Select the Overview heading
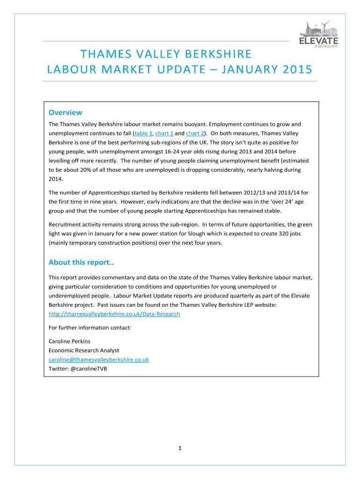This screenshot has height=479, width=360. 65,112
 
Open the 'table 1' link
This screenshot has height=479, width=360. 143,133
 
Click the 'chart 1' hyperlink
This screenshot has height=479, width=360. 164,133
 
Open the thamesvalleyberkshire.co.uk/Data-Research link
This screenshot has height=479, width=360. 114,314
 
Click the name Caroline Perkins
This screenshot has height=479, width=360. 70,341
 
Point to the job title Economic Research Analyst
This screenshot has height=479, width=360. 84,350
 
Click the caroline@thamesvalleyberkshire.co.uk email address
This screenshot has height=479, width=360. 99,359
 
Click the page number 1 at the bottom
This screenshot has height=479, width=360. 180,449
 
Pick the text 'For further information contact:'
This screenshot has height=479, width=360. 90,327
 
